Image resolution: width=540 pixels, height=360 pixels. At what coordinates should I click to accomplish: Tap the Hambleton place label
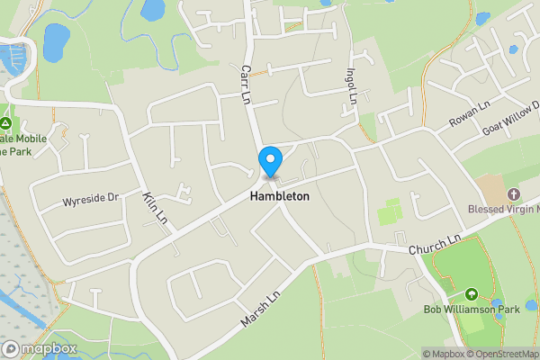click(x=280, y=196)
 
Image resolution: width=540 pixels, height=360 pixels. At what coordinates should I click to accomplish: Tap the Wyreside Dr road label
click(x=90, y=198)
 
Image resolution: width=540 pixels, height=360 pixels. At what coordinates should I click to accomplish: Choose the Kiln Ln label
click(x=156, y=208)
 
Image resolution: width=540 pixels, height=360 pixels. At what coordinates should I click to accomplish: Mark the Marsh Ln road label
click(x=261, y=308)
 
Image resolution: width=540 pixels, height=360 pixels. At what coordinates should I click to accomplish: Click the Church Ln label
click(x=434, y=243)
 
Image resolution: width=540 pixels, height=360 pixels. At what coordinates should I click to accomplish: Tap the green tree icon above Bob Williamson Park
click(x=471, y=294)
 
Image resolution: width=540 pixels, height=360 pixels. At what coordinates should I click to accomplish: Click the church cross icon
click(x=514, y=194)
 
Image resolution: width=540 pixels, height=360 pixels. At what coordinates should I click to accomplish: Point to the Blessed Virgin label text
click(x=502, y=210)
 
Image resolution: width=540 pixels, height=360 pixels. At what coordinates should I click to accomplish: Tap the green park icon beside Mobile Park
click(x=6, y=123)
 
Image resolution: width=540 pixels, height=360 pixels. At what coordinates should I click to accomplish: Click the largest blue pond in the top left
click(x=56, y=39)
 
